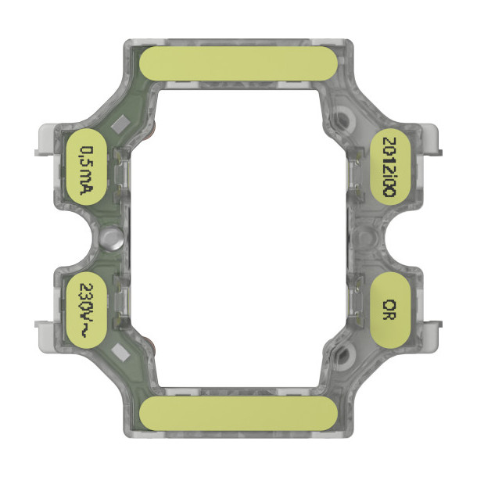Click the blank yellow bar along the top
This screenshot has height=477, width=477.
pos(238,63)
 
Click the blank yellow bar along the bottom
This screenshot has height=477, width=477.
pos(238,414)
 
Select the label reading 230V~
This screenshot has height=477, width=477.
pos(86,310)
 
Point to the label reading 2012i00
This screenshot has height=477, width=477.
pos(390,167)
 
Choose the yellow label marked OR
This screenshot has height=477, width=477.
pos(390,310)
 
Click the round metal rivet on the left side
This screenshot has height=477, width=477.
pos(111,238)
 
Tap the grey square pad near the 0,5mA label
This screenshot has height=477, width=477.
pos(120,124)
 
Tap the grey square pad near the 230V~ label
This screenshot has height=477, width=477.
pos(120,353)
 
